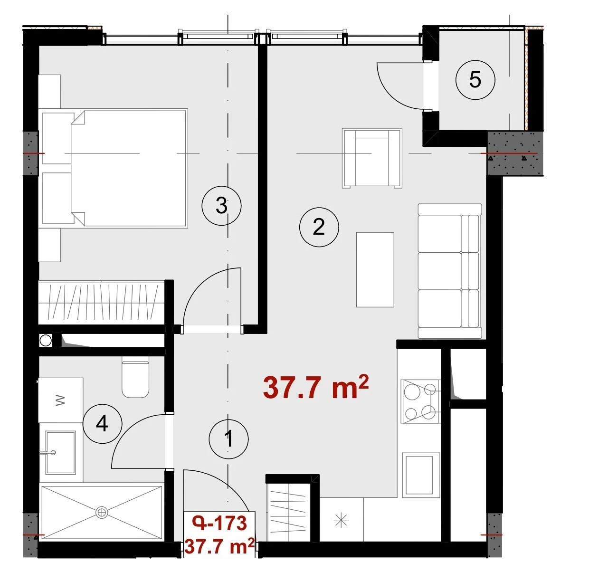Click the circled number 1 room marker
(x=228, y=439)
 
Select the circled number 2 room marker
(x=319, y=227)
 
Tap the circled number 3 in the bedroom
(x=221, y=206)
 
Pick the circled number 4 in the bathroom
(x=102, y=424)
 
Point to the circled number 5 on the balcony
(x=475, y=80)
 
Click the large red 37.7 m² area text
(x=315, y=388)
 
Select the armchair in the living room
(x=372, y=158)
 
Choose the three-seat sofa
(x=450, y=271)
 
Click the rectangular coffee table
(x=375, y=269)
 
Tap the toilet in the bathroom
(x=135, y=377)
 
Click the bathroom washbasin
(x=60, y=452)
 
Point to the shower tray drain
(x=102, y=512)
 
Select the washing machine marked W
(x=61, y=400)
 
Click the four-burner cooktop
(x=421, y=401)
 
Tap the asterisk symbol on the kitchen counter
(x=341, y=520)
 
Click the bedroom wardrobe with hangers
(x=101, y=302)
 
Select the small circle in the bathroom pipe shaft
(x=46, y=341)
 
